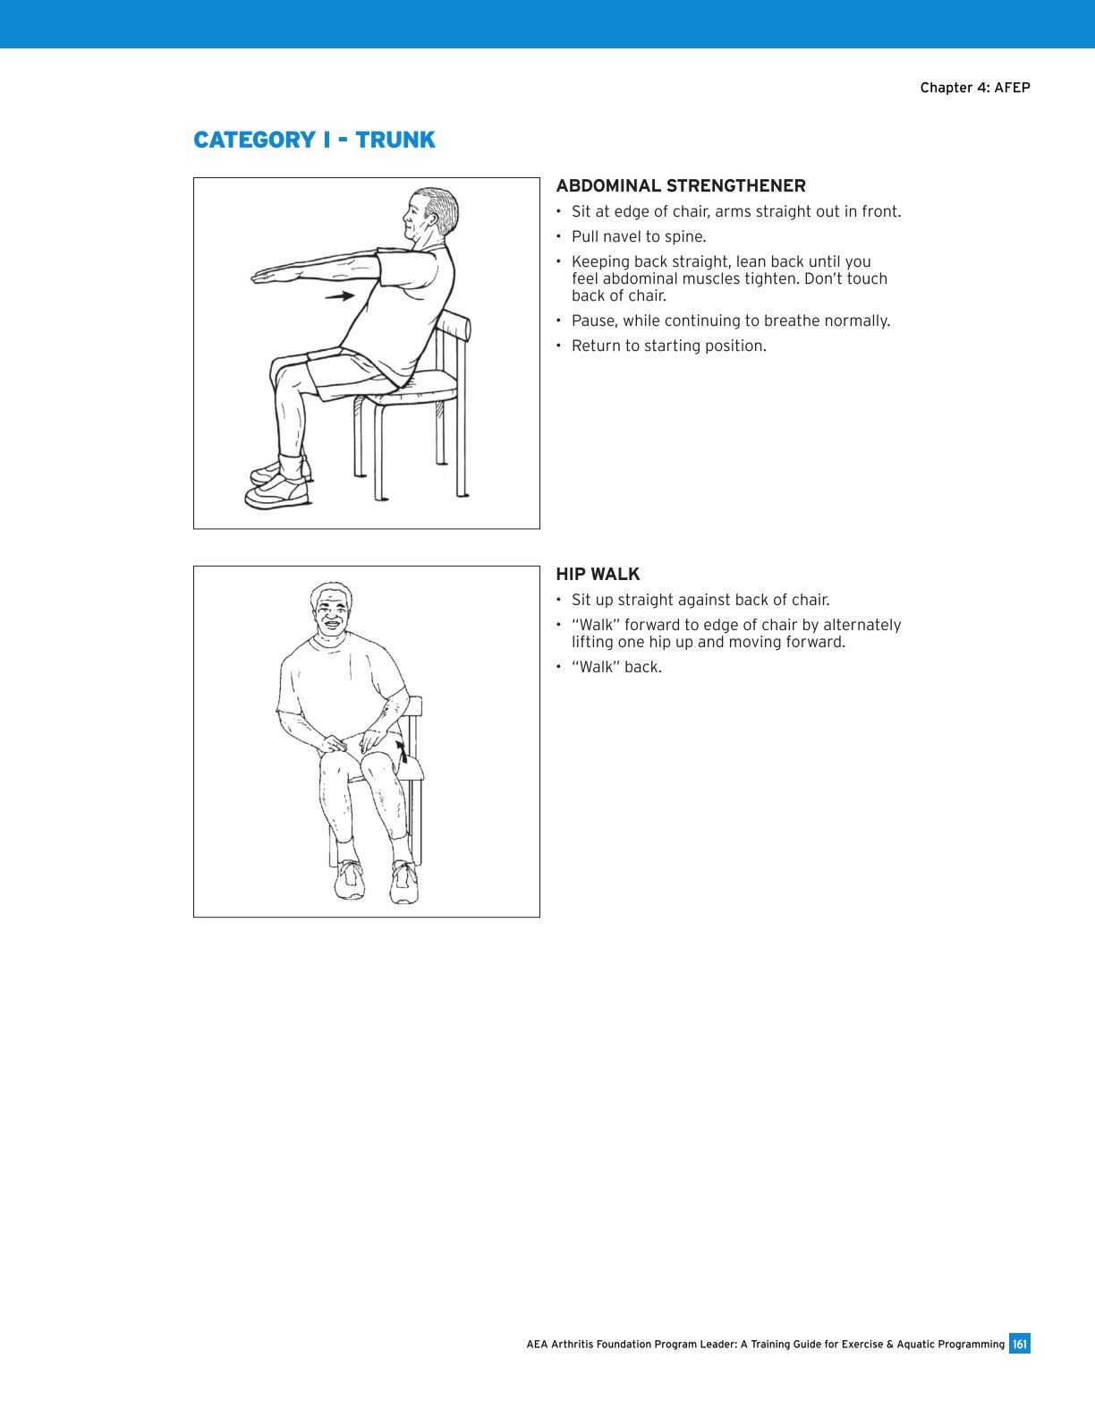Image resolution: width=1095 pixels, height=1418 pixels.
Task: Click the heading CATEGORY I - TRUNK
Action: click(314, 141)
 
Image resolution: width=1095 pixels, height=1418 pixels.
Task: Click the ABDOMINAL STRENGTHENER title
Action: click(680, 186)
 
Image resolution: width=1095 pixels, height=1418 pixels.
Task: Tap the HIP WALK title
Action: click(598, 575)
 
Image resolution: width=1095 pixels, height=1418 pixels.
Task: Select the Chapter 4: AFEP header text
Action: click(974, 88)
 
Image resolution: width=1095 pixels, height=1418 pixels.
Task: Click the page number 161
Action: click(1019, 1344)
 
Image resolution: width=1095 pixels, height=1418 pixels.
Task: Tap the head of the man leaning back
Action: click(429, 215)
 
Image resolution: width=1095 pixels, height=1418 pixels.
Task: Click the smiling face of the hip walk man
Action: click(330, 612)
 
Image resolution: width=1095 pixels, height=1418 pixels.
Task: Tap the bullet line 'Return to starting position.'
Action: click(668, 346)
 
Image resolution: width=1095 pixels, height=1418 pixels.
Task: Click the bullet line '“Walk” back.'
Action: click(616, 668)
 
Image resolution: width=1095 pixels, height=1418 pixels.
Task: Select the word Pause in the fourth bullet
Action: click(592, 321)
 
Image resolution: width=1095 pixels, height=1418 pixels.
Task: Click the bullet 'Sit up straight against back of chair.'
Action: click(700, 601)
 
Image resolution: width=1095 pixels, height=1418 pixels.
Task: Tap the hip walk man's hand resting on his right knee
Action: click(333, 743)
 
